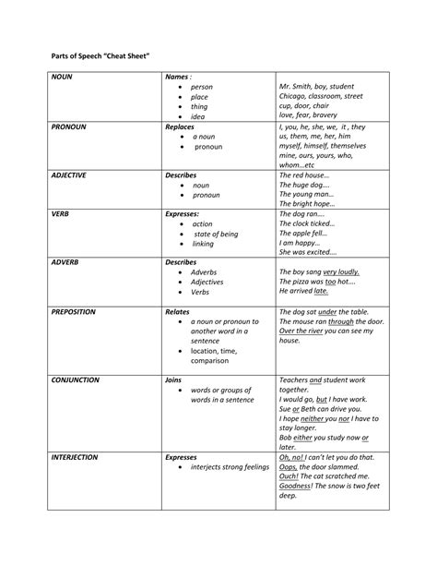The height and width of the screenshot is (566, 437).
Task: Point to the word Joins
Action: tap(173, 379)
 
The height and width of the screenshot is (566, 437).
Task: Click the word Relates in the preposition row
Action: tap(177, 312)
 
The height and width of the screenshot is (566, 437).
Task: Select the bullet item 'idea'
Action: tap(198, 117)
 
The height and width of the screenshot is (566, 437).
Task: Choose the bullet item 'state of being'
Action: tap(216, 235)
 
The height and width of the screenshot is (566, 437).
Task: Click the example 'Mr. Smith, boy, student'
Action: tap(321, 88)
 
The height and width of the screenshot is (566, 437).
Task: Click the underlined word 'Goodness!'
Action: tap(297, 486)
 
